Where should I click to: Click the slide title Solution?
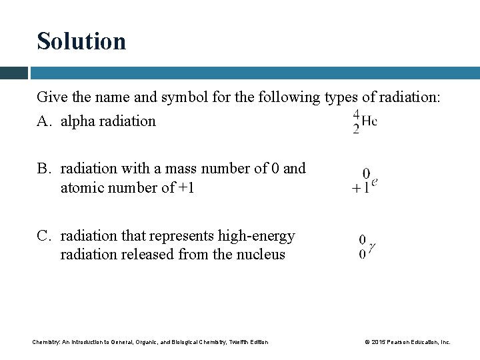pyautogui.click(x=81, y=41)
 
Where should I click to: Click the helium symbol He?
pyautogui.click(x=369, y=121)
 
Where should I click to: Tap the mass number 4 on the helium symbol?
pyautogui.click(x=357, y=114)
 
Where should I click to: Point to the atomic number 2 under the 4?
pyautogui.click(x=357, y=129)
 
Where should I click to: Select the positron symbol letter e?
pyautogui.click(x=375, y=181)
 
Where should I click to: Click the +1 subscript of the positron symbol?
pyautogui.click(x=361, y=189)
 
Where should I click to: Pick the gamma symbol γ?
pyautogui.click(x=371, y=247)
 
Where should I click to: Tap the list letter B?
pyautogui.click(x=43, y=169)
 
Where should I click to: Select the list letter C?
pyautogui.click(x=43, y=236)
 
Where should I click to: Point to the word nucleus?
pyautogui.click(x=261, y=255)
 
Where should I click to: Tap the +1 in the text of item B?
pyautogui.click(x=186, y=188)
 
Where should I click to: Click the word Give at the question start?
pyautogui.click(x=51, y=97)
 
